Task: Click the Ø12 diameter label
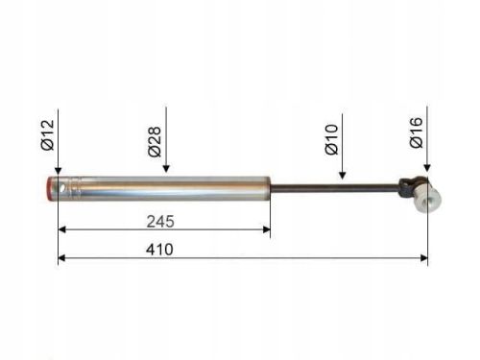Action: pos(48,135)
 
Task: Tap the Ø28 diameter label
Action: pos(155,142)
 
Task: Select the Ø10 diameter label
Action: pos(331,139)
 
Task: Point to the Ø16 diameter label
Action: pos(417,132)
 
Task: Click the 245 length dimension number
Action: pos(160,222)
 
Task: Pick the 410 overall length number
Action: pos(159,250)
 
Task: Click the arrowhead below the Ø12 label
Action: pos(58,171)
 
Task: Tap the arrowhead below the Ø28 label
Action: pos(166,169)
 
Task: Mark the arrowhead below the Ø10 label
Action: pos(342,176)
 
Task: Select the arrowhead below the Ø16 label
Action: pos(427,168)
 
